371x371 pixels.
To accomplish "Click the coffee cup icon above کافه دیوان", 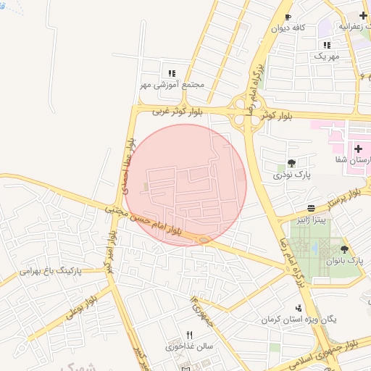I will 288,17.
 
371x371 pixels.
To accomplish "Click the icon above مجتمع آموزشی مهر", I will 172,73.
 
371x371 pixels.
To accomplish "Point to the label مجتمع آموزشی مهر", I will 172,85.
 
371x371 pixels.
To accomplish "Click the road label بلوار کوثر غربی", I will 180,112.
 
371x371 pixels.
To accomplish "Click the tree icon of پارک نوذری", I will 292,163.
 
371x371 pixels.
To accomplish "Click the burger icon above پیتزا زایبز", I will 311,207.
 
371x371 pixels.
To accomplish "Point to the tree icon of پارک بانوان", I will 344,249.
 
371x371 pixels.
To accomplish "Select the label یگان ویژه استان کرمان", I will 298,320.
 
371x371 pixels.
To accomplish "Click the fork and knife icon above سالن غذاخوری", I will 190,335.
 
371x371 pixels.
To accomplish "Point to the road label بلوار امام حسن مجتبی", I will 152,222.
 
